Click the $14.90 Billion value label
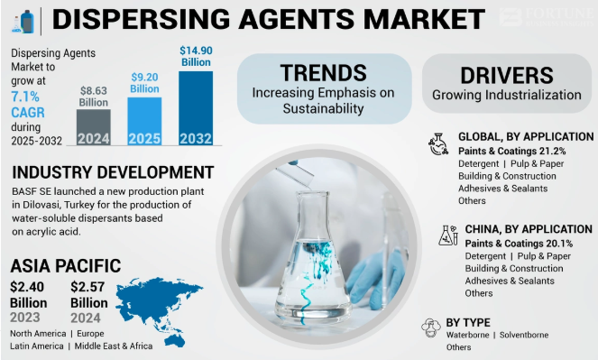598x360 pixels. coord(196,56)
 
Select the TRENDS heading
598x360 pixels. coord(323,73)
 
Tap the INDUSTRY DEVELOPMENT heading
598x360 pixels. coord(113,172)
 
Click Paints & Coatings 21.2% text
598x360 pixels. coord(511,150)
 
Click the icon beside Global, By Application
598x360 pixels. coord(439,143)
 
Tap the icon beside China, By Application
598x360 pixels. coord(447,235)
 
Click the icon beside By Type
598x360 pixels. coord(430,326)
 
